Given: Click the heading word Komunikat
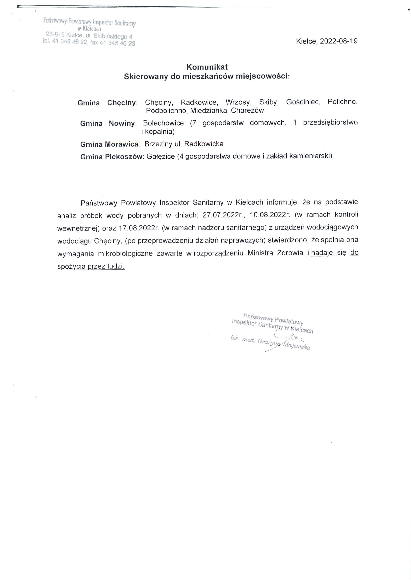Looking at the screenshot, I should (207, 67).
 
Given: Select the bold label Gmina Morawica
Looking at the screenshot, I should (110, 144).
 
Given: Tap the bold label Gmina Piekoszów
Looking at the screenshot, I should (112, 157).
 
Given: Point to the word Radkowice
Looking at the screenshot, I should (199, 102).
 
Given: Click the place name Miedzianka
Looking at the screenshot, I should (209, 111).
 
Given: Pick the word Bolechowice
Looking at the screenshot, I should (163, 123).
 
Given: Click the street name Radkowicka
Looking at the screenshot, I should (204, 144).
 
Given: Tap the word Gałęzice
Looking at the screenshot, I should (161, 157).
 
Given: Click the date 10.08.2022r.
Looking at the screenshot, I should (270, 215).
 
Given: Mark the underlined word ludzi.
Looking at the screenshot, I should (116, 266).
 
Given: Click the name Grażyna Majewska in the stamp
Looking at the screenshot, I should (284, 344).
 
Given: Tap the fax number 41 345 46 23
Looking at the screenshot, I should (117, 43).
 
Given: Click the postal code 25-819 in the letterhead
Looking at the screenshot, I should (55, 34).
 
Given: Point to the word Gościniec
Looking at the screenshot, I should (303, 102).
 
